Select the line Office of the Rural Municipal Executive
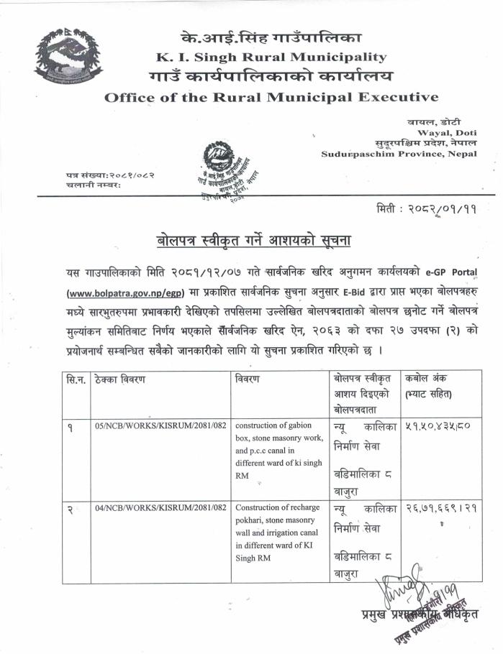(271, 97)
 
